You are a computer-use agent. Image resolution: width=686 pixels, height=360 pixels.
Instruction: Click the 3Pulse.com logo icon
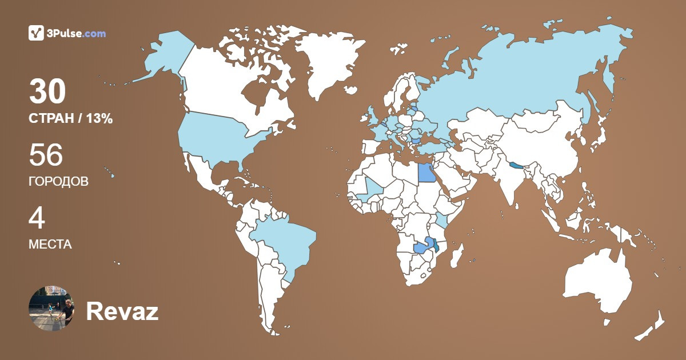coord(37,33)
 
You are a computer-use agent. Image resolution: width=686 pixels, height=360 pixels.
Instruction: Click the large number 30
coord(48,92)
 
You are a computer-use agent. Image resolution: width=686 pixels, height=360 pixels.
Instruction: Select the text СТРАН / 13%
coord(70,119)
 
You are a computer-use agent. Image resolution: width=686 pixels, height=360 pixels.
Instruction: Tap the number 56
coord(46,155)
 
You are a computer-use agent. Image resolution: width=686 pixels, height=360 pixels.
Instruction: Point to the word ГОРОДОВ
coord(58,182)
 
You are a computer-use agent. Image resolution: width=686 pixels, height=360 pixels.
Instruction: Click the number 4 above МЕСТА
coord(37,218)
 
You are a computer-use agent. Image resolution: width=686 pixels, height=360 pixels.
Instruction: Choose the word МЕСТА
coord(50,245)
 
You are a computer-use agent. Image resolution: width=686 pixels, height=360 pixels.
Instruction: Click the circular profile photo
coord(51,309)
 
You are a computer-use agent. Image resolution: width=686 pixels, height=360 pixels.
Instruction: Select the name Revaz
coord(122,312)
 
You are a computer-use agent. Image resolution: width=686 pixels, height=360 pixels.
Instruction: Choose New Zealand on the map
coord(652,326)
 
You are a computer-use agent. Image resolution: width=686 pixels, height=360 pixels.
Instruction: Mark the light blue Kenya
coord(442,221)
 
